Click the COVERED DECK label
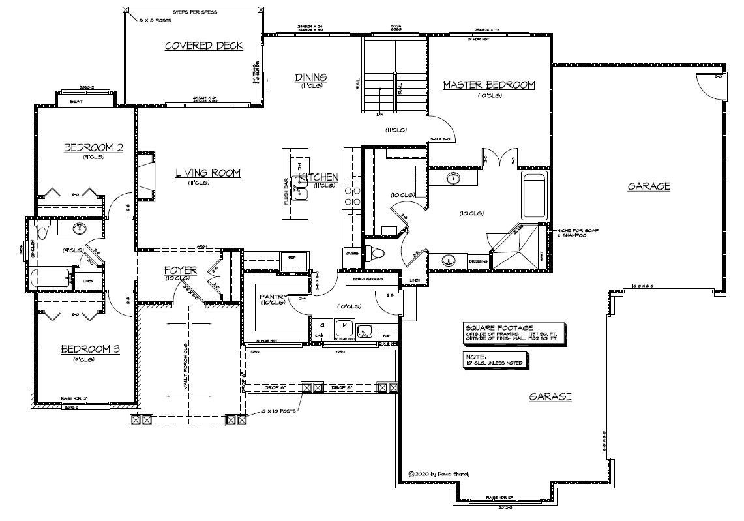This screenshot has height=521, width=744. click(203, 46)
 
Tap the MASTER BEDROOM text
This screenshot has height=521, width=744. click(488, 85)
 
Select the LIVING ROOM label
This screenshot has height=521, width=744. click(207, 173)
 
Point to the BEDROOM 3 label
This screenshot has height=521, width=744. click(90, 350)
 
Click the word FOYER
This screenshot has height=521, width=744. click(176, 269)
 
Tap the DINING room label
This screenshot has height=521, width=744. click(311, 78)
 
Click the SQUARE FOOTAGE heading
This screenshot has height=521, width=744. click(499, 328)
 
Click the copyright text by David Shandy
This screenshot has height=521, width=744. click(438, 474)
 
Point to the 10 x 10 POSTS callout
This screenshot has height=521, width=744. click(276, 413)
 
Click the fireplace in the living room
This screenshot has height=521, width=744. click(145, 175)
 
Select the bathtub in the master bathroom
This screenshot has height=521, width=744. click(537, 196)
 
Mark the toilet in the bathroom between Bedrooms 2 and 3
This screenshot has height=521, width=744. click(42, 231)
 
